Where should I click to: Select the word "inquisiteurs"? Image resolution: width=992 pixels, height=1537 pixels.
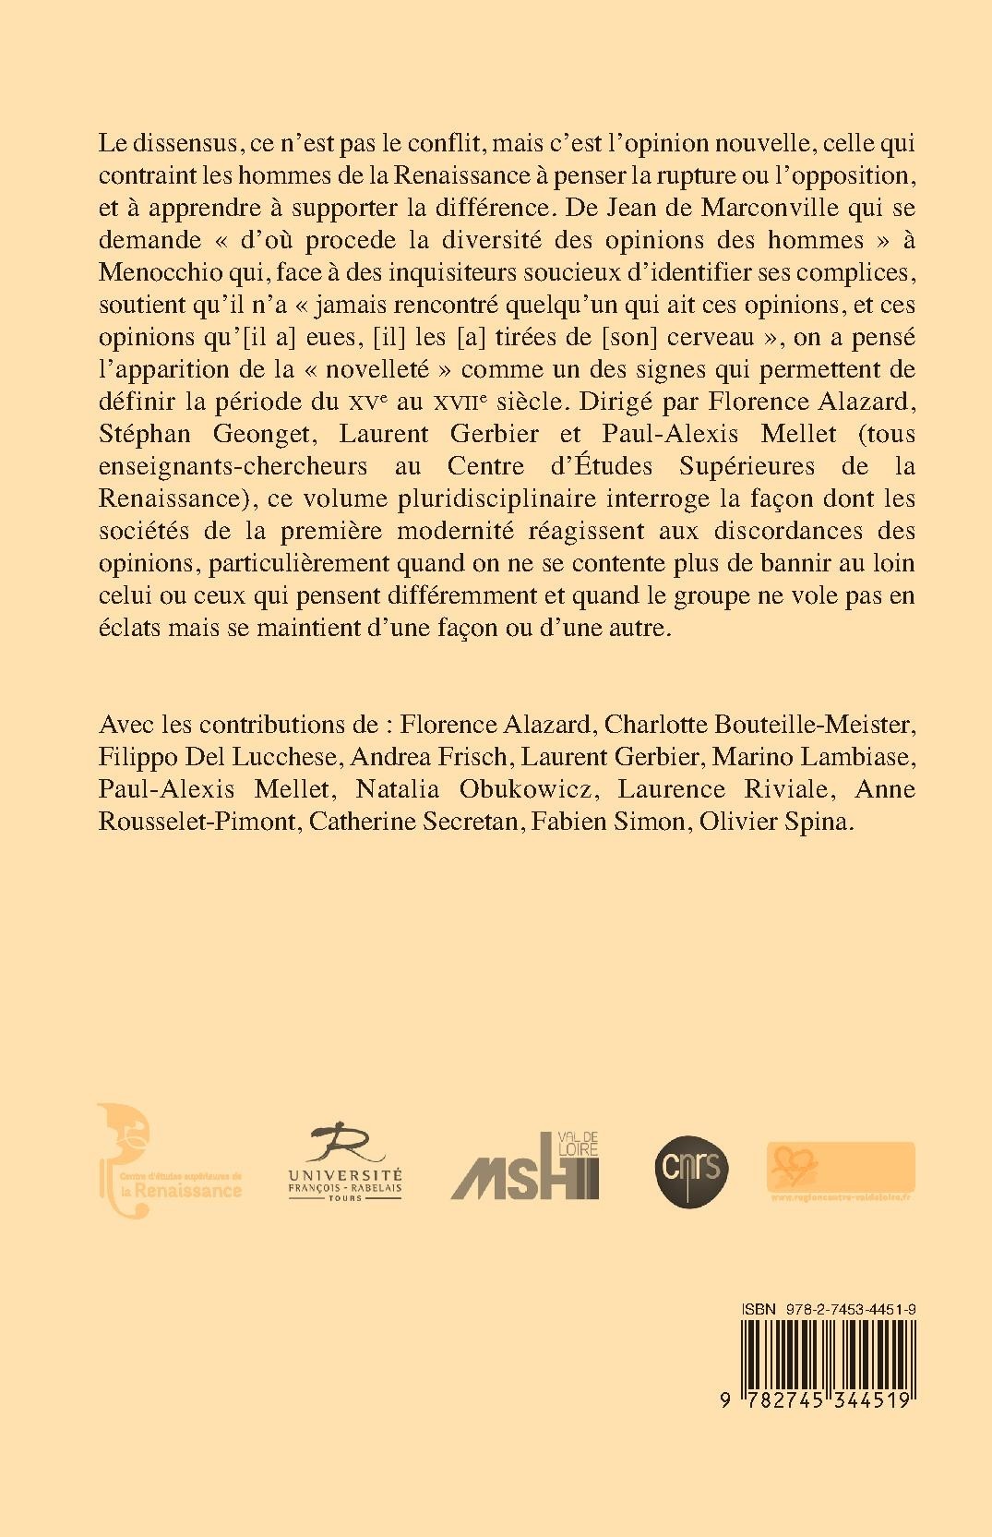click(470, 272)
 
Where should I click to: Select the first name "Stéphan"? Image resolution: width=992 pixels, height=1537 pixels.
click(142, 434)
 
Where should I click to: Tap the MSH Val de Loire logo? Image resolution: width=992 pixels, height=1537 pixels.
click(524, 1165)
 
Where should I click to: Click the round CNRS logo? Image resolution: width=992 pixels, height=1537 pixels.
click(692, 1165)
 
